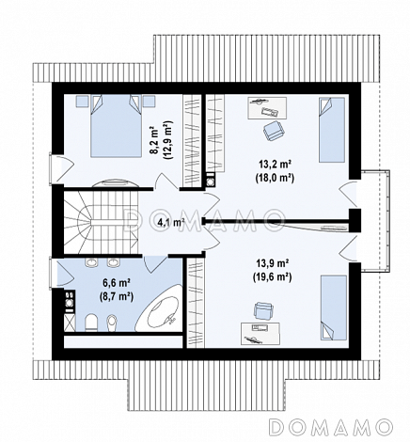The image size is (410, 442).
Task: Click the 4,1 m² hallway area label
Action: pos(171,223)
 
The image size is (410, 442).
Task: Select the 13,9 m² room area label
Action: pos(273,262)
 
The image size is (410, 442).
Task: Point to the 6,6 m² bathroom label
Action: pos(117,283)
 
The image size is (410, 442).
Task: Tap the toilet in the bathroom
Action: pos(91,323)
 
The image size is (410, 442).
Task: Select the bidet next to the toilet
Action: pos(112,323)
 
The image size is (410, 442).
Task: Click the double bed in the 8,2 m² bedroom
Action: pos(115,126)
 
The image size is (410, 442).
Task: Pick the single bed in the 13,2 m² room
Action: pos(332,130)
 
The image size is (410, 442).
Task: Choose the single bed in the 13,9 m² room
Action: pos(334,308)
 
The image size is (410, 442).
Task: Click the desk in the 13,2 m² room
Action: pos(267,108)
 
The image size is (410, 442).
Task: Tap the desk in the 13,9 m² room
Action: pos(260,334)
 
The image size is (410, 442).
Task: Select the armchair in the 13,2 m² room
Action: pos(274,131)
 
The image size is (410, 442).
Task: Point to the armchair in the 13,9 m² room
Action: pos(263,311)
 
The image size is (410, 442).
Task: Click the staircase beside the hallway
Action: pos(101,221)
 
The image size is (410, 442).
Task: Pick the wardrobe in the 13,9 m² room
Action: pos(196,302)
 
